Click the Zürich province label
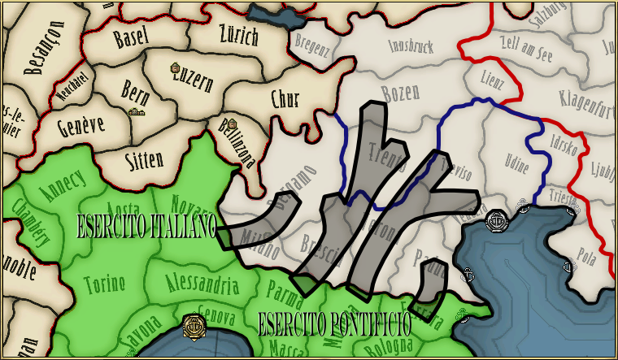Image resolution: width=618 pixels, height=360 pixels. (238, 36)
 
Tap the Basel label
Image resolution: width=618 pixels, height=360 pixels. (133, 37)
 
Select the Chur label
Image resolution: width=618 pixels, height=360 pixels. (285, 100)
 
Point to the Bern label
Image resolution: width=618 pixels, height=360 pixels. (135, 88)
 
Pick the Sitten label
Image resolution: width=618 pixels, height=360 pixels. (145, 159)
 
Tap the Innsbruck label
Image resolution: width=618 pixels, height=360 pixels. (420, 46)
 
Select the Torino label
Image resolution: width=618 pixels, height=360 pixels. (105, 284)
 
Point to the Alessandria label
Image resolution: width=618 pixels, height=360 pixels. (202, 284)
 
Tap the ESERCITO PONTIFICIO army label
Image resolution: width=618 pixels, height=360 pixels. (333, 325)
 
